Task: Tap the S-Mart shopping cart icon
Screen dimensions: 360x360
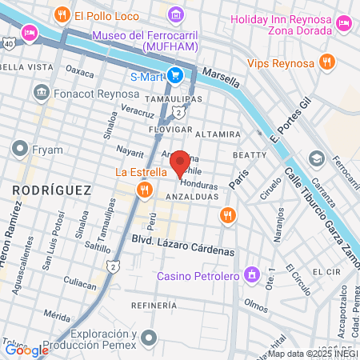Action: coord(177,77)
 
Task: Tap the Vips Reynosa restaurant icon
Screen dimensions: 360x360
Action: coord(325,62)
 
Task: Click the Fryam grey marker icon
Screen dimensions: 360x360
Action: coord(19,148)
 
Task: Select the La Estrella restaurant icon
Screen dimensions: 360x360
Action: coord(144,189)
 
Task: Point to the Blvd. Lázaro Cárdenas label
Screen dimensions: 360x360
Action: coord(183,250)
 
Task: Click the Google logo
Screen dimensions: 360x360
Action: coord(26,349)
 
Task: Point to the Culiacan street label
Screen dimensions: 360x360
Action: coord(80,283)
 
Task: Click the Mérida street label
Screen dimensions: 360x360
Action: coord(57,316)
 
